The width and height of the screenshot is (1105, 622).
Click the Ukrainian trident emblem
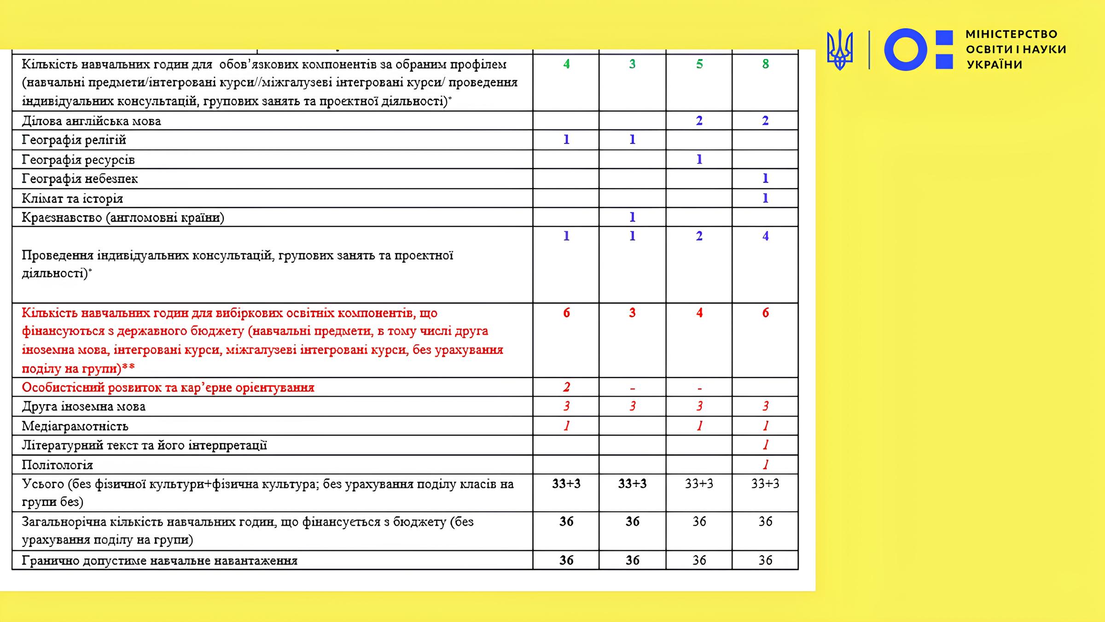839,49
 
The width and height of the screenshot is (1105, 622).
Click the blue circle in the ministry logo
905,49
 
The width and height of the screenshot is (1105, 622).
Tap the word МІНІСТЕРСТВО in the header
1012,34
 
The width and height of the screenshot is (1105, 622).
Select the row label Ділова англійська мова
91,121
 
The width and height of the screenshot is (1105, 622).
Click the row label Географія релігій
74,140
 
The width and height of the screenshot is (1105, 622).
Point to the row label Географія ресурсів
78,160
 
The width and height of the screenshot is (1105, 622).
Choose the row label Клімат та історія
72,199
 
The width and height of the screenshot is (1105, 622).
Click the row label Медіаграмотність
75,426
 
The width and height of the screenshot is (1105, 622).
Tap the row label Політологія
58,465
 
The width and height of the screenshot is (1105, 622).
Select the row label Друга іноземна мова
84,406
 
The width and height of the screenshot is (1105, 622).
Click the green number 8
765,64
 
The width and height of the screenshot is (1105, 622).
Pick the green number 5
699,64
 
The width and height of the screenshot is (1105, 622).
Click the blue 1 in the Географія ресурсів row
699,159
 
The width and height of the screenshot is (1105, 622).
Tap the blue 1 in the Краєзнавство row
632,217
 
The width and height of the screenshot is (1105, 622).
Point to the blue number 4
765,236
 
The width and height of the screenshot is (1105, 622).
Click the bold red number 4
699,313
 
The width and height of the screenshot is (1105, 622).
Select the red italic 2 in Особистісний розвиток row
566,387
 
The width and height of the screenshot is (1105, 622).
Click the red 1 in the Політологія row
765,464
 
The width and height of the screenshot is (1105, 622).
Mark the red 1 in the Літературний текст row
765,445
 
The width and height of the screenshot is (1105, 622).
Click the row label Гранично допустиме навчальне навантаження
159,561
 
